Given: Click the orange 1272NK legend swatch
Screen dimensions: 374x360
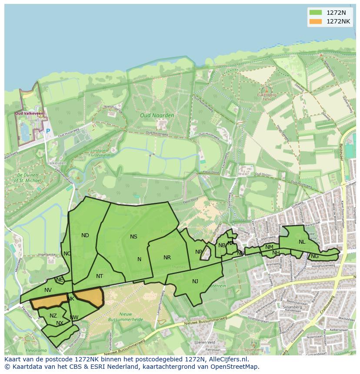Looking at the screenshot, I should [x=316, y=21].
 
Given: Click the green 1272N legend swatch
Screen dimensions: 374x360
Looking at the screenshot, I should [x=316, y=12].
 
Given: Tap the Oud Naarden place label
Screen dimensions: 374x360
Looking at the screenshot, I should [x=157, y=116].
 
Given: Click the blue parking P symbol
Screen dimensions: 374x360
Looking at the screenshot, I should [x=48, y=131].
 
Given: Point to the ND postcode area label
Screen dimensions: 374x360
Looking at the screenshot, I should [x=85, y=235].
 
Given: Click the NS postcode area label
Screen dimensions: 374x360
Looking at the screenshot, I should [x=133, y=237].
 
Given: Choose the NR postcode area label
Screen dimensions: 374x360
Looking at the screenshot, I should [x=167, y=258].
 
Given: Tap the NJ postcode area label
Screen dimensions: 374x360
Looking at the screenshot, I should [x=195, y=281].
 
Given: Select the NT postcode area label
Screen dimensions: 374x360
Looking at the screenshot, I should [x=100, y=276].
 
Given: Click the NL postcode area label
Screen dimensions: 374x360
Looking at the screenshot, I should [x=302, y=242].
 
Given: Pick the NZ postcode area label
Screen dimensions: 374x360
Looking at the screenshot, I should [x=53, y=316].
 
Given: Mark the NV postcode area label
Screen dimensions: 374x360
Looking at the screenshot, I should [x=48, y=290].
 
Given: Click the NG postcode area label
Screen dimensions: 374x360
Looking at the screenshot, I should [x=315, y=256].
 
